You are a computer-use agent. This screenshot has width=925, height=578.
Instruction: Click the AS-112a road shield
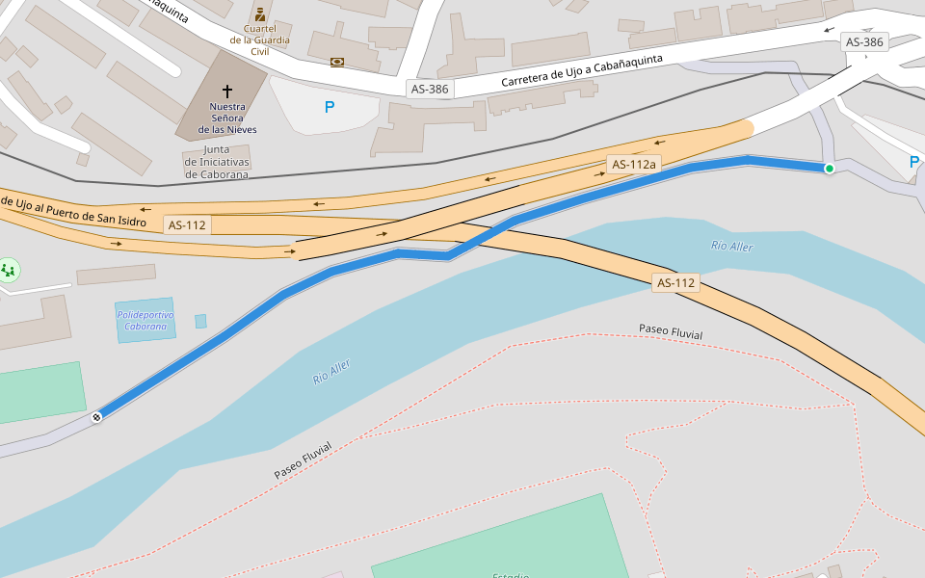tap(633, 165)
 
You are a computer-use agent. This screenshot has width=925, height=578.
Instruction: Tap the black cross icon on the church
tap(227, 90)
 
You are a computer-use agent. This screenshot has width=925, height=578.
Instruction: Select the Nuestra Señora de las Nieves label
tap(227, 118)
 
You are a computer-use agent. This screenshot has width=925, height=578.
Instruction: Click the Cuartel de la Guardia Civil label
tap(258, 40)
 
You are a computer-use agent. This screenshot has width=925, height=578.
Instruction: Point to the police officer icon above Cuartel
tap(259, 14)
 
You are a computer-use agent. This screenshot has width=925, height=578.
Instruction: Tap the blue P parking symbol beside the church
tap(330, 108)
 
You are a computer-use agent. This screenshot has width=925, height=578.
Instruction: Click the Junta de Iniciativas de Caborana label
tap(218, 162)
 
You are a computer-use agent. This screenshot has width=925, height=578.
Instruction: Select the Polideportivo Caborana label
tap(145, 321)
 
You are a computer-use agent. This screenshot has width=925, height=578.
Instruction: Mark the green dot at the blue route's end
tap(829, 169)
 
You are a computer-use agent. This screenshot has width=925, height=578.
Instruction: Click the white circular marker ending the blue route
tap(96, 417)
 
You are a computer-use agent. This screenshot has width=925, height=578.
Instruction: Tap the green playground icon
tap(9, 271)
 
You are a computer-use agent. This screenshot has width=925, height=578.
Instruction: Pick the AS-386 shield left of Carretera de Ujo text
tap(429, 89)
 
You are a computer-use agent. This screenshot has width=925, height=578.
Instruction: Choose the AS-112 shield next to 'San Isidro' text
tap(186, 225)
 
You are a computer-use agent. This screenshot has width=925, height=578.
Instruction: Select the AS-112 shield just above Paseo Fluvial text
tap(675, 283)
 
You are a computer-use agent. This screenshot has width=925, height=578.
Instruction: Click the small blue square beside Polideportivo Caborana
tap(200, 321)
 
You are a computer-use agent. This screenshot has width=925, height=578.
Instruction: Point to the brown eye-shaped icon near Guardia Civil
tap(337, 62)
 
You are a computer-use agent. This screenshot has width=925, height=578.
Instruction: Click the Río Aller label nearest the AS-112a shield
tap(732, 247)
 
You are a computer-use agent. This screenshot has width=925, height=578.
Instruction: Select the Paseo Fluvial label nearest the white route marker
tap(303, 460)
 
